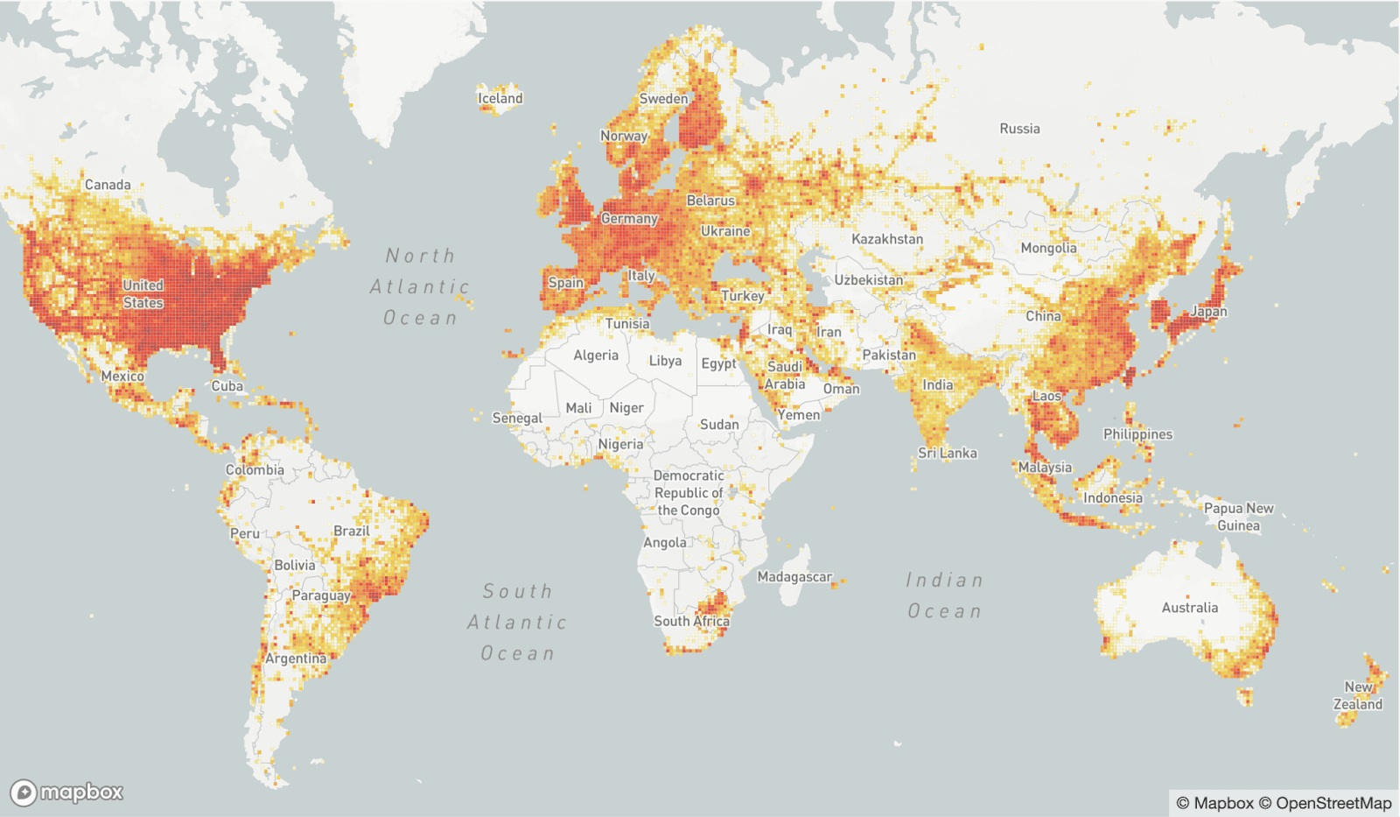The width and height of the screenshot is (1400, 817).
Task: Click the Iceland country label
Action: tap(500, 98)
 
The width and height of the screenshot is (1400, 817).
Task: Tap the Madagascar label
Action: tap(794, 577)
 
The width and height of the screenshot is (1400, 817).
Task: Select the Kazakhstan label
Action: tap(886, 239)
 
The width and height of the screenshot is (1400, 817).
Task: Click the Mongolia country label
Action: tap(1048, 248)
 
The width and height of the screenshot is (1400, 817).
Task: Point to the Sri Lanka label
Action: tap(947, 453)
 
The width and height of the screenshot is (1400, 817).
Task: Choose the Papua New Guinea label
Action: tap(1238, 517)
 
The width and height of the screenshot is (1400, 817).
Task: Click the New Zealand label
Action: tap(1357, 695)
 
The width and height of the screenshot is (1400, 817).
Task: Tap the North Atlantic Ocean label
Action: tap(420, 286)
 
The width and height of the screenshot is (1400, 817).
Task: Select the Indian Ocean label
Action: tap(944, 595)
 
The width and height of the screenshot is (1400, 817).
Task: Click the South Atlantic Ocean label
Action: tap(517, 623)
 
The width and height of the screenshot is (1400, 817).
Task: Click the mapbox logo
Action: tap(67, 792)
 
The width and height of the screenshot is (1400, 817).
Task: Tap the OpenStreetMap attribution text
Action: tap(1333, 803)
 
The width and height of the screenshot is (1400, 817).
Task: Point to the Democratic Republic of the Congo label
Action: tap(688, 493)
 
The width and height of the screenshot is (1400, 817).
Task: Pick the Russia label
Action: tap(1019, 129)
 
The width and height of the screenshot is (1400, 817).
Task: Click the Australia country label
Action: tap(1189, 608)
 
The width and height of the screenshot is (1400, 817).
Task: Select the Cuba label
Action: tap(227, 386)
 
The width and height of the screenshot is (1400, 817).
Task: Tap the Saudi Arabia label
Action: tap(784, 376)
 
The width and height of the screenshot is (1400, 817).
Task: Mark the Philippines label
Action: tap(1137, 434)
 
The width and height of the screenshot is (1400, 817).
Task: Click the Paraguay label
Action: tap(320, 595)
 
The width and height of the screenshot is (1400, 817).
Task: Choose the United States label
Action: tap(143, 294)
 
